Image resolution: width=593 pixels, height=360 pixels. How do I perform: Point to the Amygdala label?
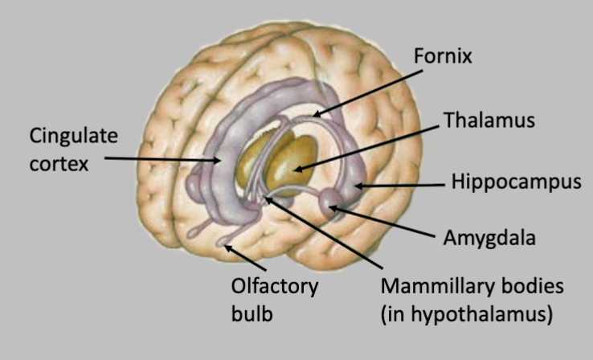490,238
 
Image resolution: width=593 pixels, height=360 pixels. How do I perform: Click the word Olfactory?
275,286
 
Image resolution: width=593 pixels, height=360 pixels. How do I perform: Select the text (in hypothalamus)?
467,314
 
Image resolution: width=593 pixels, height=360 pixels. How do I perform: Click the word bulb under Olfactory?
249,314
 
